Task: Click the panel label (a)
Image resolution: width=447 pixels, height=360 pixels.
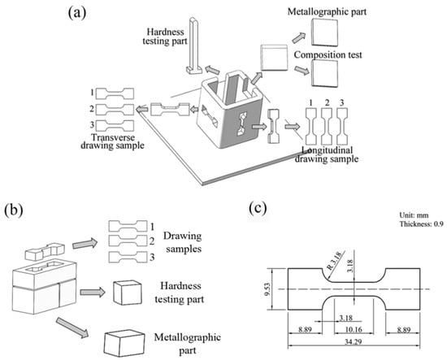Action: point(77,13)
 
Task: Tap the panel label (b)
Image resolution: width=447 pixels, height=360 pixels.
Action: point(14,210)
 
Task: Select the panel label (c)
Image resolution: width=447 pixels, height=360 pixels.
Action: point(258,208)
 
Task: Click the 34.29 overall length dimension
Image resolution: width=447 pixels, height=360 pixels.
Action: point(354,341)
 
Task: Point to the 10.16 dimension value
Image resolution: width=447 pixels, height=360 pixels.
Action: point(354,329)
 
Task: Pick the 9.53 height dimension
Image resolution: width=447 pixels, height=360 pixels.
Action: point(268,289)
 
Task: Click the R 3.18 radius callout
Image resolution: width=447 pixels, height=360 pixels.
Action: point(333,262)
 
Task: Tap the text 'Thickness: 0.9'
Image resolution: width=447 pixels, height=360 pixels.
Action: point(421,224)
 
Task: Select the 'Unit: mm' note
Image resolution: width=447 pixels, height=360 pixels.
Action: point(414,215)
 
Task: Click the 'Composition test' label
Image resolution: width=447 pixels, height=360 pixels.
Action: point(328,54)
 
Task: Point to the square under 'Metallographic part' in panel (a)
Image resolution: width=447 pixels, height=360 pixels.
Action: point(325,33)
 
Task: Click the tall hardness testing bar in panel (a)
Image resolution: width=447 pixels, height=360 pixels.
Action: point(194,46)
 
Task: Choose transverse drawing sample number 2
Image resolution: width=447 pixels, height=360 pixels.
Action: point(115,110)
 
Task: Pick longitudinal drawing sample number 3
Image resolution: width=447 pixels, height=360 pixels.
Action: point(342,126)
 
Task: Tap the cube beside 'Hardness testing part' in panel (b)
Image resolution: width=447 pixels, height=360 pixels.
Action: point(127,293)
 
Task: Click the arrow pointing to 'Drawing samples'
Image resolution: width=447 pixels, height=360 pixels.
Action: point(85,244)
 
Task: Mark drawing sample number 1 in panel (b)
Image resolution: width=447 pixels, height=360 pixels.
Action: point(128,226)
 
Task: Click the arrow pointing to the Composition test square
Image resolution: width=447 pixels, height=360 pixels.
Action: point(302,70)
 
